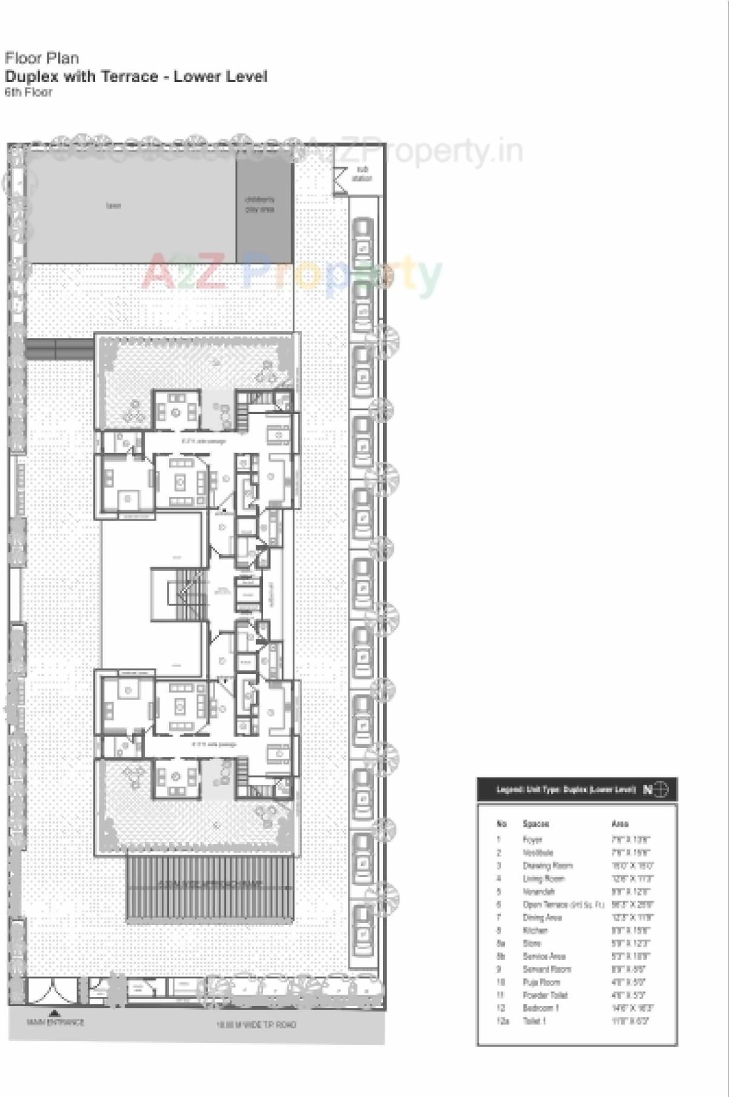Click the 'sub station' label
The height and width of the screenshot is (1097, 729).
coord(362,174)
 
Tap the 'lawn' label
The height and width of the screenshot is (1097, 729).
coord(113,206)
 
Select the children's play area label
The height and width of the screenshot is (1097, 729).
coord(259,204)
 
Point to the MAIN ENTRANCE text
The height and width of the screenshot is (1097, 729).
coord(55,1022)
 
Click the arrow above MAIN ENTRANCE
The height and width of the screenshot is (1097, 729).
coord(54,1012)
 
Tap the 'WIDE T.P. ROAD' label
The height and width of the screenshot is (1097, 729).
coord(257,1025)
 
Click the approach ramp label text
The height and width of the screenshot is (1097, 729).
coord(210,884)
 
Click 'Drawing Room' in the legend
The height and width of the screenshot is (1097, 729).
coord(547,865)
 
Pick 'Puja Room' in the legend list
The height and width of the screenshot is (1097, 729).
coord(541,982)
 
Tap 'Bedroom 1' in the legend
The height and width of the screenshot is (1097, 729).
coord(541,1008)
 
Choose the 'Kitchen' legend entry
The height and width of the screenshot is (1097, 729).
coord(535,930)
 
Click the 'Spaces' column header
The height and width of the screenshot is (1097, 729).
coord(536,824)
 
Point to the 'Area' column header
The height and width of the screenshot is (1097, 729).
coord(620,824)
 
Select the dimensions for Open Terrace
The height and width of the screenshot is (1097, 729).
coord(632,904)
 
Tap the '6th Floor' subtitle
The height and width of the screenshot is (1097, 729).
coord(28,93)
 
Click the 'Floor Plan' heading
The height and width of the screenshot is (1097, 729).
coord(42,58)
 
